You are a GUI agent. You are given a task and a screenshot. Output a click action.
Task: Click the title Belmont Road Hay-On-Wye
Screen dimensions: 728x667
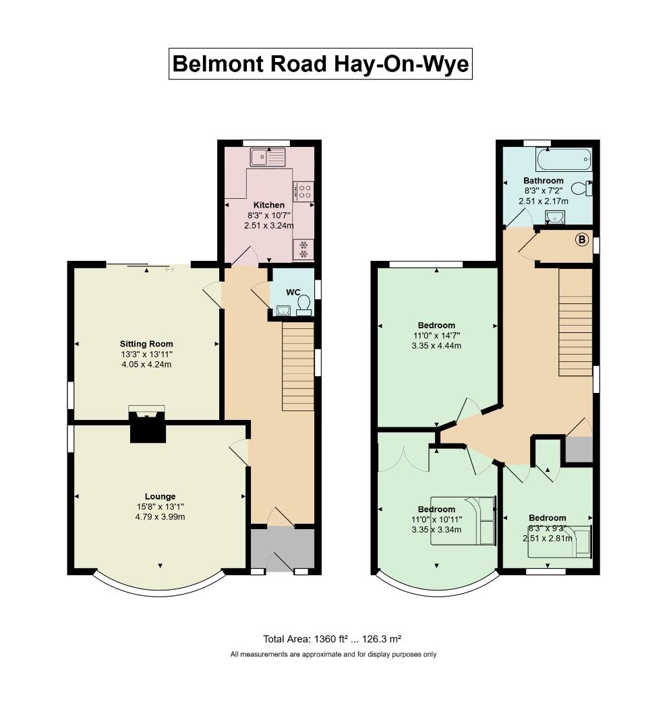point(320,64)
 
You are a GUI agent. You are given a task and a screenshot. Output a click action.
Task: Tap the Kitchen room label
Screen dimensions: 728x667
point(268,205)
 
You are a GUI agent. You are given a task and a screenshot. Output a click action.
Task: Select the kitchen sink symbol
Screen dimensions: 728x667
point(268,158)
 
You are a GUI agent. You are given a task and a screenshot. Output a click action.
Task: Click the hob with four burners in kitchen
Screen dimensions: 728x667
point(303,191)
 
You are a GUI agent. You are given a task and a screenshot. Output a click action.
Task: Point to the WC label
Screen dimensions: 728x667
point(293,292)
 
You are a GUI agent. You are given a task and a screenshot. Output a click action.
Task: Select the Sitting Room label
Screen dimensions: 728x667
point(146,343)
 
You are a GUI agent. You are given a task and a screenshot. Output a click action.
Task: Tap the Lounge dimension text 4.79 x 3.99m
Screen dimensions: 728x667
point(160,517)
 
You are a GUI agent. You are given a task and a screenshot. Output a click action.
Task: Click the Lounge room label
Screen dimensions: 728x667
point(160,497)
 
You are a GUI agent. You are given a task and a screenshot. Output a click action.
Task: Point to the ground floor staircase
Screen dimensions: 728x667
point(297,366)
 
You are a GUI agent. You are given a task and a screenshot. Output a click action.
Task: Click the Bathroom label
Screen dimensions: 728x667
point(543,181)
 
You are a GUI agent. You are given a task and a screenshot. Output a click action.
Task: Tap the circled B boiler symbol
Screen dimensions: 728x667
point(581,239)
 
